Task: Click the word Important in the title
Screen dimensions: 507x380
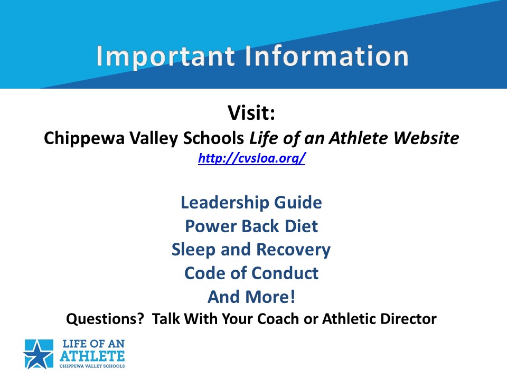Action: tap(165, 57)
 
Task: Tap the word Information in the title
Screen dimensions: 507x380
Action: tap(326, 56)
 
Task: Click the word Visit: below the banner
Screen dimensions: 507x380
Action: tap(251, 112)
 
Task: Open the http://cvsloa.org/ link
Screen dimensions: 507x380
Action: tap(251, 158)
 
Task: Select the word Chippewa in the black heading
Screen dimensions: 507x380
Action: tap(84, 139)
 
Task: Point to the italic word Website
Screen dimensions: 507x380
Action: tap(426, 138)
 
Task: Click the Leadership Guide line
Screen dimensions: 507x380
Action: tap(251, 203)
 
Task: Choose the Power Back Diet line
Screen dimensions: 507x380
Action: tap(251, 226)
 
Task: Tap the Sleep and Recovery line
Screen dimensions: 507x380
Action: tap(251, 250)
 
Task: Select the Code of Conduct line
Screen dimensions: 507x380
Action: tap(251, 273)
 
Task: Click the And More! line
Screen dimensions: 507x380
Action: tap(251, 297)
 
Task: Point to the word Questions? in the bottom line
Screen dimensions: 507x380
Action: tap(105, 319)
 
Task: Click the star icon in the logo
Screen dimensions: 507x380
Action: tap(39, 354)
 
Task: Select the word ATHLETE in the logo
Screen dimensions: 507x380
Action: tap(92, 356)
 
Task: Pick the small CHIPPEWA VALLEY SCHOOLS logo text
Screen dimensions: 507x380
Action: tap(92, 366)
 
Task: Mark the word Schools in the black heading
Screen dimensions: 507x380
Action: tap(213, 138)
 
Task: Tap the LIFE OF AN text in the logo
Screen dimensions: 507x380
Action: tap(93, 344)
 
